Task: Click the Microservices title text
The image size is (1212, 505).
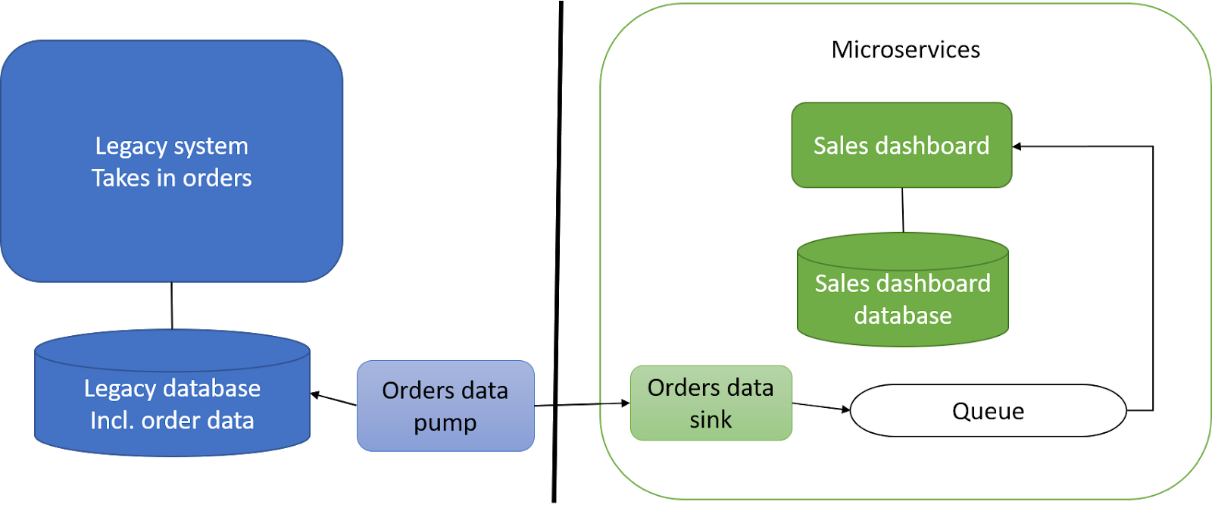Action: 905,50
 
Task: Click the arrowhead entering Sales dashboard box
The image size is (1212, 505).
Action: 1017,146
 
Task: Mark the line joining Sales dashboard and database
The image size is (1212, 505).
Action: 902,210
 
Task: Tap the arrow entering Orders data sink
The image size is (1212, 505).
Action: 615,403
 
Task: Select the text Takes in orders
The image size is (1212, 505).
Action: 172,178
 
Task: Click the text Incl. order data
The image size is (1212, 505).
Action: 172,421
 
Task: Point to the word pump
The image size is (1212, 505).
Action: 445,423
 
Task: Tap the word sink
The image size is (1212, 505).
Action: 711,419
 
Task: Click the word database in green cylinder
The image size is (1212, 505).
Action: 902,315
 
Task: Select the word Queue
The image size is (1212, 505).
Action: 988,411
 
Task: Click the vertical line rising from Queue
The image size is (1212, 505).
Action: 1152,281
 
